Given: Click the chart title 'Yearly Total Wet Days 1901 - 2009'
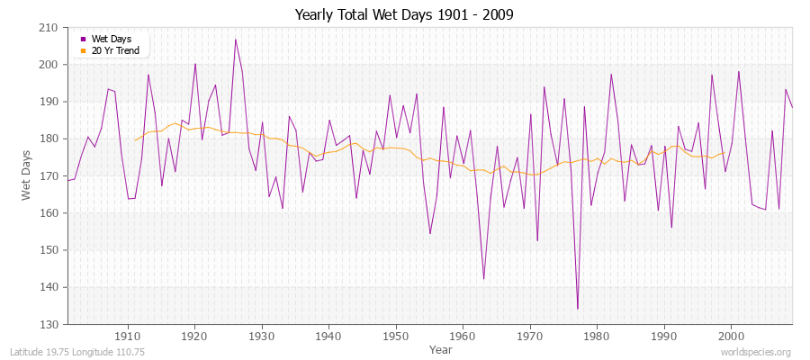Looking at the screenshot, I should (405, 15).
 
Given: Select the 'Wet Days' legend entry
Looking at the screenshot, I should (111, 39).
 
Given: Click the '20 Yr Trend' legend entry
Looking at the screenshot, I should (114, 50).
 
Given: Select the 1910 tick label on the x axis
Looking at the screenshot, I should (128, 336).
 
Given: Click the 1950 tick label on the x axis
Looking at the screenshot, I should (395, 336).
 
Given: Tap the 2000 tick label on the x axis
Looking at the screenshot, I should (730, 336).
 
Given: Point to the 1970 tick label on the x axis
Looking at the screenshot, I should (529, 336).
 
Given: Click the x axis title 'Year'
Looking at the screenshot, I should (441, 348).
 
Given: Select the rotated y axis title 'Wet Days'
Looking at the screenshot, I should (27, 175).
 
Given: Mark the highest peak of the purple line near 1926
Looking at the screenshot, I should (236, 40).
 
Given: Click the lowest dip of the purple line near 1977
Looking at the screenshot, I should (577, 309).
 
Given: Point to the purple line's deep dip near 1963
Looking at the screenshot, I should (483, 279).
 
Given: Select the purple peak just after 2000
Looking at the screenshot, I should (739, 72).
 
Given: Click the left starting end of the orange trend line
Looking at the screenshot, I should (135, 140).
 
